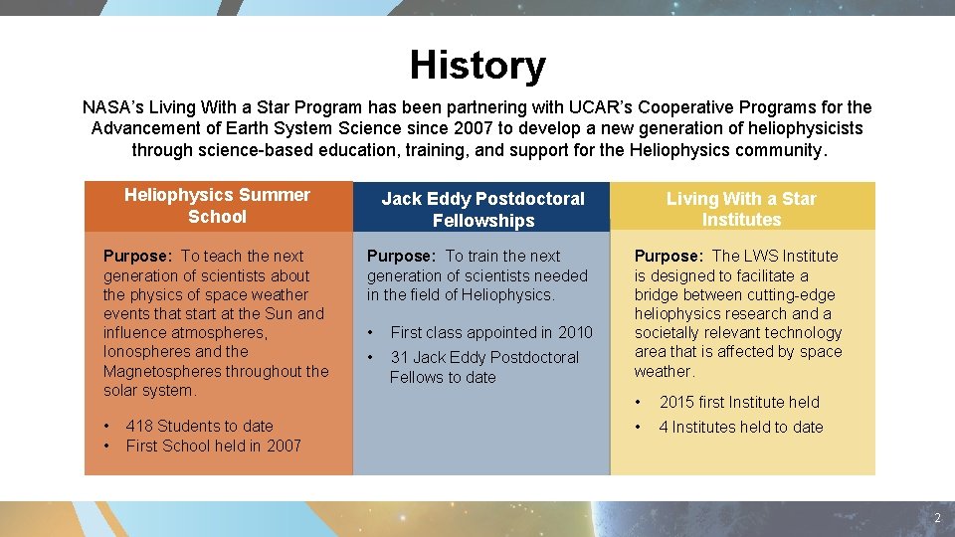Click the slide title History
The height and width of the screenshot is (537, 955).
(x=477, y=66)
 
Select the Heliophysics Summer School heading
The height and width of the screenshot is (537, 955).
(x=217, y=206)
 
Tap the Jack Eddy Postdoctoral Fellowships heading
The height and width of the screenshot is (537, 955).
(x=483, y=209)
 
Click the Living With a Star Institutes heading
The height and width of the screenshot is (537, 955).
(x=741, y=209)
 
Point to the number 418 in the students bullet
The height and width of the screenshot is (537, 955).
(x=139, y=426)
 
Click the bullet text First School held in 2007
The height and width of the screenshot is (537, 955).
(x=213, y=446)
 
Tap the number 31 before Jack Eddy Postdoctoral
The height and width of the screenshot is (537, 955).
(x=400, y=357)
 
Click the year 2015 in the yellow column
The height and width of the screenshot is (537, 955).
(x=676, y=402)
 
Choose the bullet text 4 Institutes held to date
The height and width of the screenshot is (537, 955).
(x=741, y=427)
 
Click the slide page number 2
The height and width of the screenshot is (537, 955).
(x=936, y=519)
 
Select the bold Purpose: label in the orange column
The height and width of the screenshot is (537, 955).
(x=137, y=256)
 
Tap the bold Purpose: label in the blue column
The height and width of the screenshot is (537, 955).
(x=401, y=256)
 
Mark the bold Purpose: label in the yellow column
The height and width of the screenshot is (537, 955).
(x=668, y=256)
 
